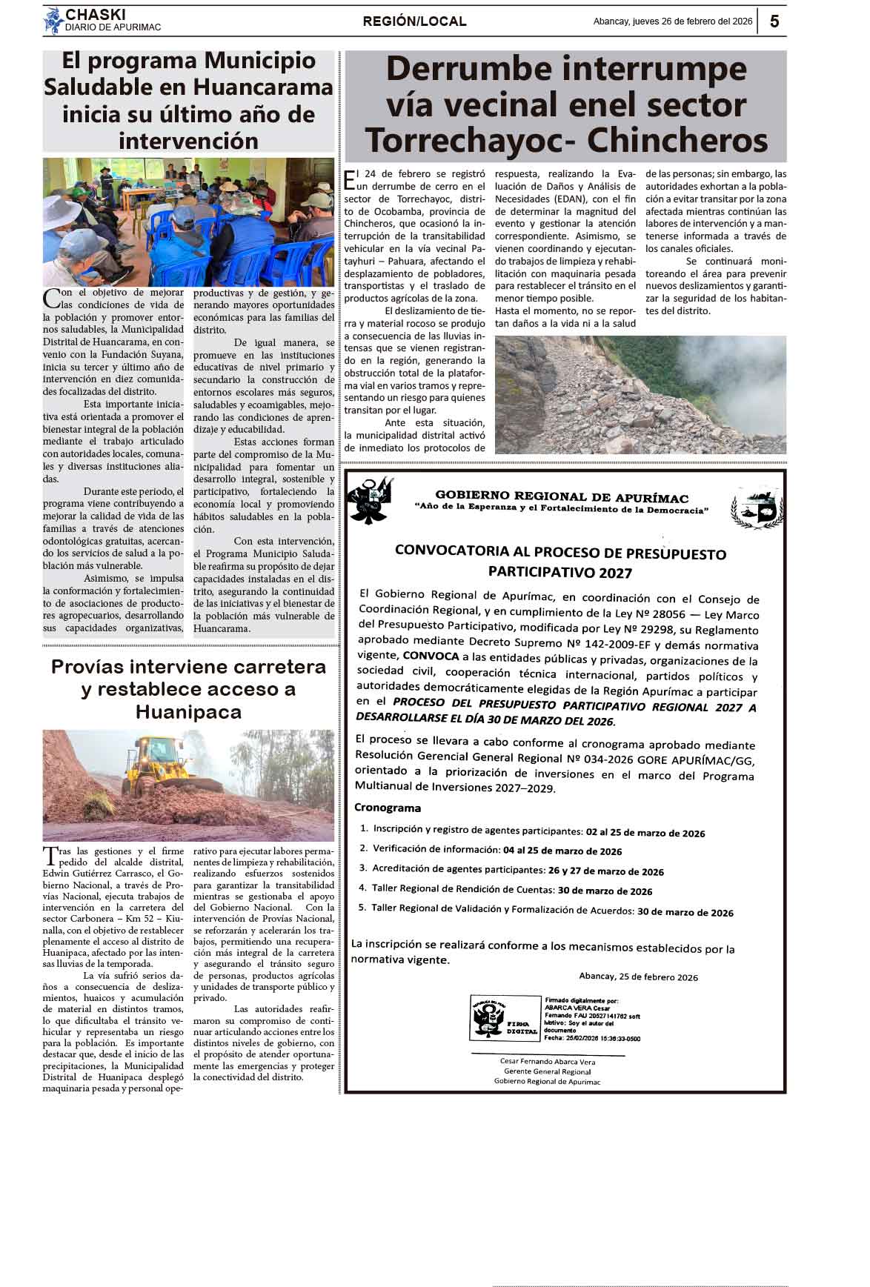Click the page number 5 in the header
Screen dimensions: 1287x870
(774, 21)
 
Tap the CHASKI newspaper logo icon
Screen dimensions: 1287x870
(53, 21)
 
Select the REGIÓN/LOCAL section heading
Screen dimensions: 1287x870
(414, 21)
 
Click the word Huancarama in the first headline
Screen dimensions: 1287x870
(263, 87)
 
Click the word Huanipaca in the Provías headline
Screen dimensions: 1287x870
(188, 712)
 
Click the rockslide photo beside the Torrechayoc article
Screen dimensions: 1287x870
(640, 394)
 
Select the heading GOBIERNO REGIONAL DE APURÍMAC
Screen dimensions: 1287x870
(562, 497)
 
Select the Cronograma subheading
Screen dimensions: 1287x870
(388, 808)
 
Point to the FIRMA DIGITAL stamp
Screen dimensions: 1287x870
(504, 1018)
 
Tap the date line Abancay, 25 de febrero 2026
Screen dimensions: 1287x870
(638, 977)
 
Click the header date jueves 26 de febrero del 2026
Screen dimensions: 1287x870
(672, 21)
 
